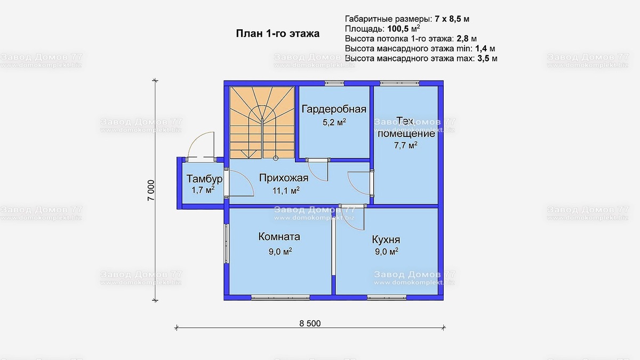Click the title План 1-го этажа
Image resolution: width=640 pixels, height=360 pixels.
[277, 34]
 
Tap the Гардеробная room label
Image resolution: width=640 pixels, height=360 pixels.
[334, 110]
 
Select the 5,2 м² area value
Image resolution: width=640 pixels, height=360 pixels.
[334, 122]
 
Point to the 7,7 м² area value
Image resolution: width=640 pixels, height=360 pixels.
[405, 146]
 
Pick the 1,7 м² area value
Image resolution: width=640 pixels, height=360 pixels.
[203, 189]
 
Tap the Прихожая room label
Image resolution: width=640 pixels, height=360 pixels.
[284, 178]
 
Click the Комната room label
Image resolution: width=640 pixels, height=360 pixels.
[279, 237]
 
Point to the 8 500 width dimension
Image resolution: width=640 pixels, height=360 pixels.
[310, 323]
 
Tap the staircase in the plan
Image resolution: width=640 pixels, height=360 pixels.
[261, 123]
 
